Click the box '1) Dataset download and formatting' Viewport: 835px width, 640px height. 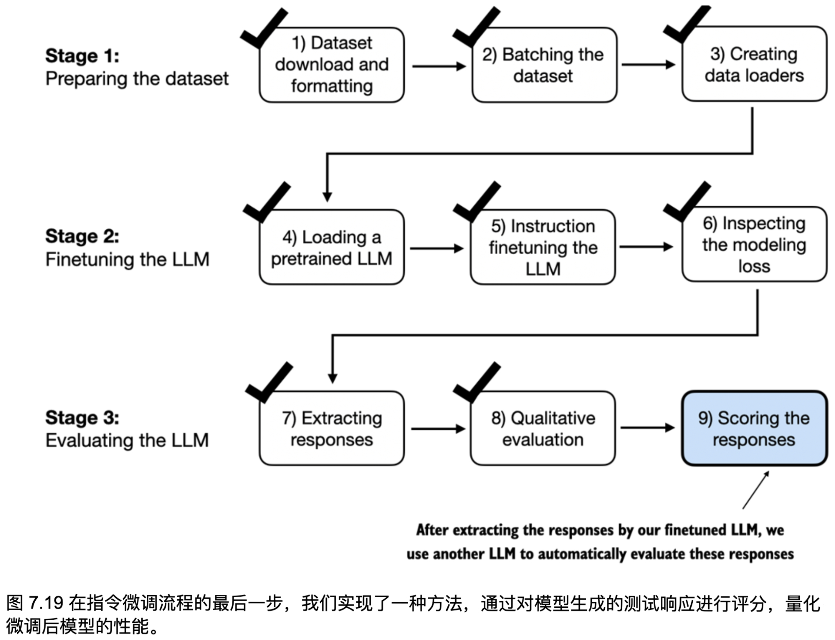coord(331,65)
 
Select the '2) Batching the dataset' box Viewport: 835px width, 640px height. coord(544,65)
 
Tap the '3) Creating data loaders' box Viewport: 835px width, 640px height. coord(754,64)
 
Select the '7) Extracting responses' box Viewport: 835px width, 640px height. coord(331,429)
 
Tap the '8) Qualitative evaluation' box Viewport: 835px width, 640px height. coord(543,429)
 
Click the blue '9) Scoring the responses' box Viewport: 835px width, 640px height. coord(754,429)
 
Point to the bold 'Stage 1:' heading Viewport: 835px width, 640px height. coord(82,56)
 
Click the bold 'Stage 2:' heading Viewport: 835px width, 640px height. coord(82,236)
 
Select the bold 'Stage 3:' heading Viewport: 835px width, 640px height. coord(82,417)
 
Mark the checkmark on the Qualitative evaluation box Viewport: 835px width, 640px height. coord(477,382)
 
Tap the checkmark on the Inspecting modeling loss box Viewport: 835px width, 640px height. coord(687,202)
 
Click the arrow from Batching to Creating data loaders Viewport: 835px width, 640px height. coord(648,65)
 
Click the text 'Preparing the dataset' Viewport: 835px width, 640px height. coord(137,79)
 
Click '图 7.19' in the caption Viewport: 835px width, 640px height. coord(35,603)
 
